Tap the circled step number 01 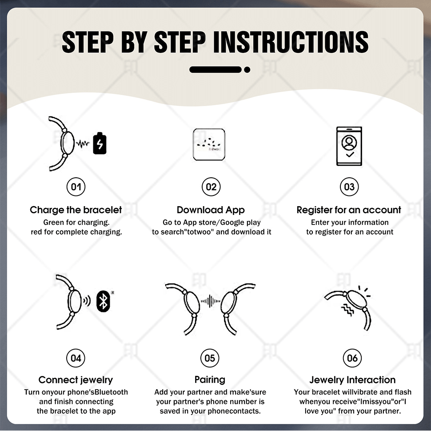[76, 187]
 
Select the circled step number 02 [211, 187]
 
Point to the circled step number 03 [349, 187]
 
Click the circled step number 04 [76, 358]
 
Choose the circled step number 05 [210, 358]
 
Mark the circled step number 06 [352, 358]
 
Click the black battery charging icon [100, 143]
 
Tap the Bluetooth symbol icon [104, 301]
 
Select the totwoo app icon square [209, 144]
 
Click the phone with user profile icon [349, 146]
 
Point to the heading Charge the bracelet [76, 210]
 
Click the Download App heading [211, 210]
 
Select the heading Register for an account [349, 210]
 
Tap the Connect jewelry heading [76, 380]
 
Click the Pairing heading [210, 380]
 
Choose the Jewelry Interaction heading [352, 380]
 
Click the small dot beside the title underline [247, 70]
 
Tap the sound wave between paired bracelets [210, 301]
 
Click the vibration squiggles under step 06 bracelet [347, 310]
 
